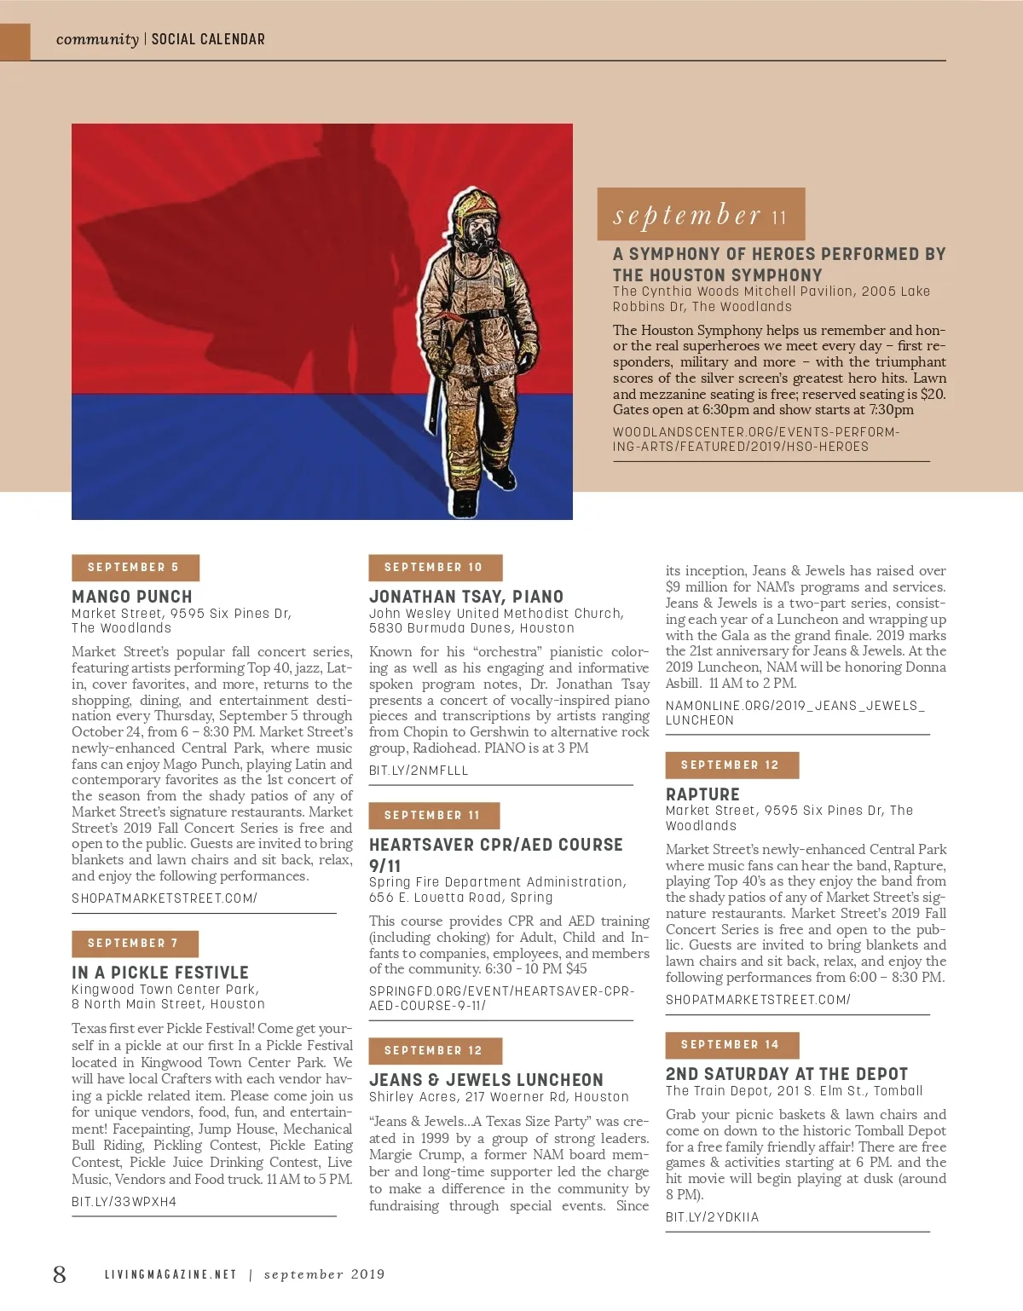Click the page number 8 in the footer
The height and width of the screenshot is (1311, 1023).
pos(59,1273)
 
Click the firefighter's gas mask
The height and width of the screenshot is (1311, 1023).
pos(479,240)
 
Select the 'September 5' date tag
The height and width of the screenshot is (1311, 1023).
pos(135,568)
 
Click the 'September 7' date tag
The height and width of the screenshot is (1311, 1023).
pos(135,944)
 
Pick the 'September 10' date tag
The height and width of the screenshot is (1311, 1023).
pos(435,568)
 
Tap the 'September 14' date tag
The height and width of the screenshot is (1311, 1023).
pos(731,1045)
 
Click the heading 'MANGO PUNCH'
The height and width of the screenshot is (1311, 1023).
pos(132,597)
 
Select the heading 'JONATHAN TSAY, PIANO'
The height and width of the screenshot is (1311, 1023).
pos(466,597)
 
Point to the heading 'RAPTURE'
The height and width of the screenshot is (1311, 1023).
pos(702,794)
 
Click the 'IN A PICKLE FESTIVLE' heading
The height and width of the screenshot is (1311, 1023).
pos(160,973)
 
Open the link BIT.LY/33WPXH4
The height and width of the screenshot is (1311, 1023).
pos(124,1202)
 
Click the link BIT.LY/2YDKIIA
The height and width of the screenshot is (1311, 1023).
pos(712,1217)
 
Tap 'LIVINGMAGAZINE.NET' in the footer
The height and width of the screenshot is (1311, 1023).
pos(170,1274)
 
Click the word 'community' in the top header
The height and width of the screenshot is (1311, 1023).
pos(97,39)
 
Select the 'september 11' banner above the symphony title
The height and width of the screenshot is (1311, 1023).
pos(701,215)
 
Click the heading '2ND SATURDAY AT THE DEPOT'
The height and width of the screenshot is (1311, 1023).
pos(787,1074)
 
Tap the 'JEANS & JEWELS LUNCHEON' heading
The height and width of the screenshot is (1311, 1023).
pos(486,1080)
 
